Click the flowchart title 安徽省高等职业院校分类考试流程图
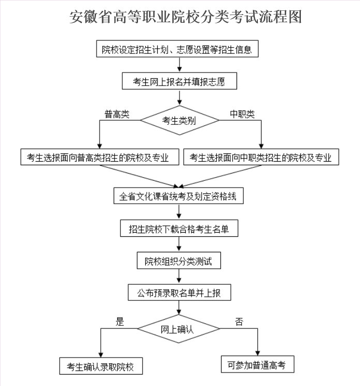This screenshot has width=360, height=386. pos(185,17)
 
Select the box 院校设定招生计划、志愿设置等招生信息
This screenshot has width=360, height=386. pos(177,49)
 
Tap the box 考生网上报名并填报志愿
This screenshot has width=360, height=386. pos(179,81)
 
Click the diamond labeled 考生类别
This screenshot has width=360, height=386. pos(179,120)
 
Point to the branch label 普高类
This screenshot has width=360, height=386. pos(117,114)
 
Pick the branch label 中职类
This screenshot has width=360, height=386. pos(242,114)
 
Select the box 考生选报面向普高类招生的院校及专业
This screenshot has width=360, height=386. pos(100,157)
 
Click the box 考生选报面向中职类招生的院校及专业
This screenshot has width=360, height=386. pos(261,157)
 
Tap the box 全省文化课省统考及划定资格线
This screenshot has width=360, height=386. pos(178,196)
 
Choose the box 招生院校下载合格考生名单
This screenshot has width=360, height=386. pos(179,228)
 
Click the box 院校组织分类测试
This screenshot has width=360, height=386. pos(179,261)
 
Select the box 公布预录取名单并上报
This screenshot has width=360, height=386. pos(179,292)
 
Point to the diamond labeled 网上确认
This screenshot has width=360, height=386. pos(178,329)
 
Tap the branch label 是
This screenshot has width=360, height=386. pos(120,322)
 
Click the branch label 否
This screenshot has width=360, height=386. pos(239,322)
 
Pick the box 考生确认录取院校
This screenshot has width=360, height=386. pos(101,366)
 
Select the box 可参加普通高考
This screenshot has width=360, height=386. pos(257,364)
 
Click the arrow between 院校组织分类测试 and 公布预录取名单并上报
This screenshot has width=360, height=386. pos(179,276)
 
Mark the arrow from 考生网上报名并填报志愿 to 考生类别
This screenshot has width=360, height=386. pos(179,98)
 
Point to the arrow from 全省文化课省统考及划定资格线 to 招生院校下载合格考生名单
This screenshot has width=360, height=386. pos(179,212)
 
